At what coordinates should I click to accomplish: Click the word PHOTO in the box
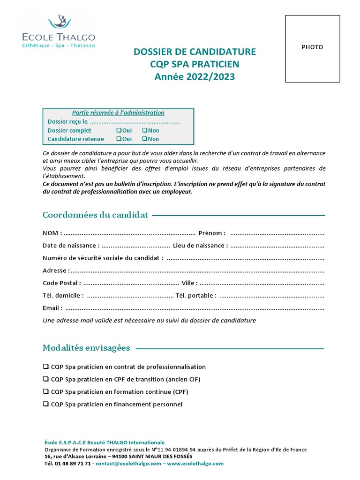coord(312,47)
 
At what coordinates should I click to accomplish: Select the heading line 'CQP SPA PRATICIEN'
coord(195,64)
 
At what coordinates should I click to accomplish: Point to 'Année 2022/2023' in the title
coord(195,76)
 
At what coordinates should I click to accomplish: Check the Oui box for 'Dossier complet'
coord(119,131)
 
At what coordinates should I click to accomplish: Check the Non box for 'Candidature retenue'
coord(144,139)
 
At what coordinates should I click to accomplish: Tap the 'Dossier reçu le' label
coord(67,122)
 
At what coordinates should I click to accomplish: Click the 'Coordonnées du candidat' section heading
coord(95,215)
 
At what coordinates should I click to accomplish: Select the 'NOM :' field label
coord(52,233)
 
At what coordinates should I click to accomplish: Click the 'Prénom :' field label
coord(212,233)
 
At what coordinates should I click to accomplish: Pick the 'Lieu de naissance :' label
coord(200,246)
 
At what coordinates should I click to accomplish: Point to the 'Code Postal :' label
coord(61,283)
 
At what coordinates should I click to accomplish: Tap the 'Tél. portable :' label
coord(196,296)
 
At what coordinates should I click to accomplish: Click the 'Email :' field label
coord(52,308)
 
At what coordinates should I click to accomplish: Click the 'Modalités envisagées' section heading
coord(86,348)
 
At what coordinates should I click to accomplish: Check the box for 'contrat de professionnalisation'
coord(45,367)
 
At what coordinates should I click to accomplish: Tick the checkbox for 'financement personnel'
coord(45,404)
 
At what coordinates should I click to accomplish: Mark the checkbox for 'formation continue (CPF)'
coord(45,391)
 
